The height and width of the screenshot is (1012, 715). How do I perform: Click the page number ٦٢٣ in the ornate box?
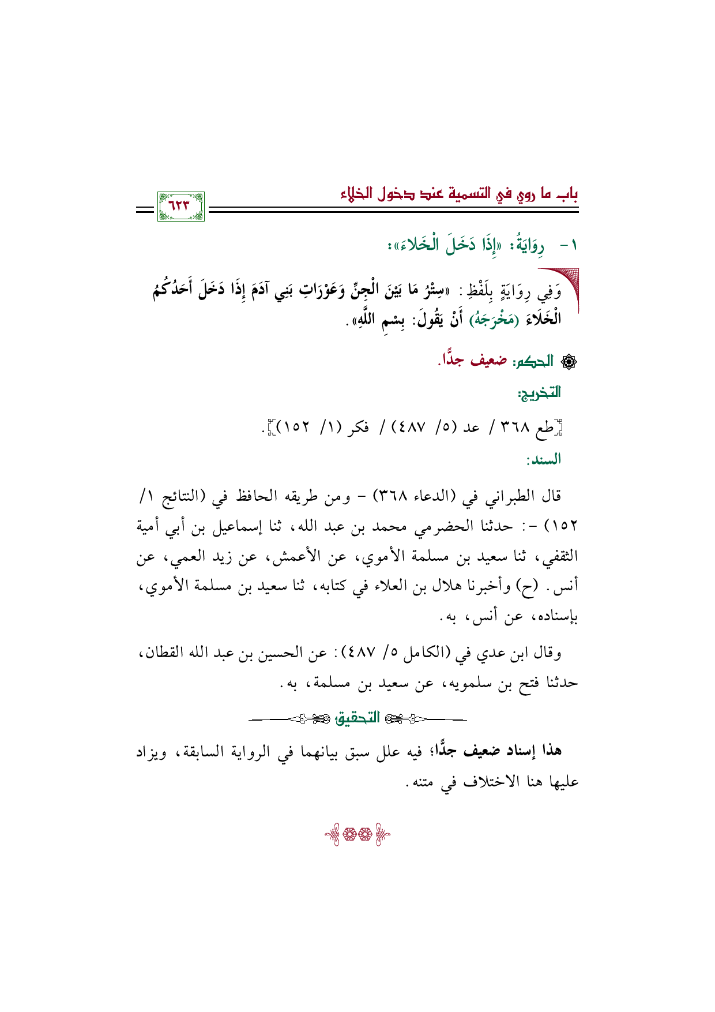180,206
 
